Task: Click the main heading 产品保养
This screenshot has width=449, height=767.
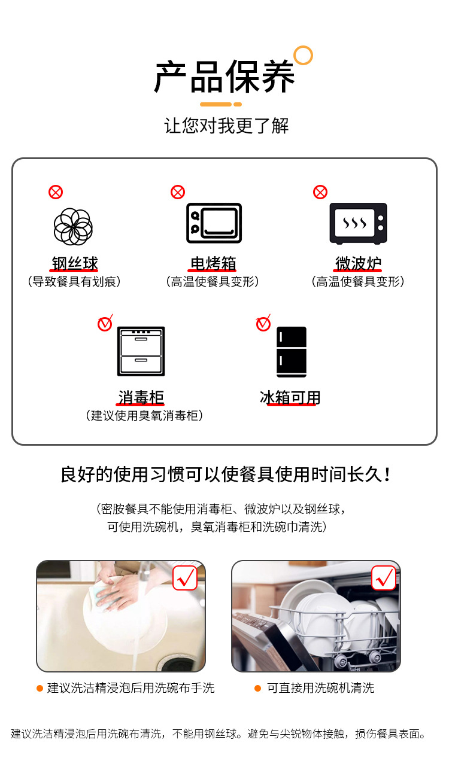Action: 224,78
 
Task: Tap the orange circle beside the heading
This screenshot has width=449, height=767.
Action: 304,55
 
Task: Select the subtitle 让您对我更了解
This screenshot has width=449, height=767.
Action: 226,126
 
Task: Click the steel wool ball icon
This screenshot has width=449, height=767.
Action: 73,227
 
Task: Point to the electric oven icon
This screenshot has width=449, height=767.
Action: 214,223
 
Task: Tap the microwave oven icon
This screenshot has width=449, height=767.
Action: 358,223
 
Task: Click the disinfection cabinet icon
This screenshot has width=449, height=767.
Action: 141,351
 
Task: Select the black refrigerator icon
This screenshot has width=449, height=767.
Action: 292,352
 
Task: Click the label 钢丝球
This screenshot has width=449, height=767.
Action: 74,263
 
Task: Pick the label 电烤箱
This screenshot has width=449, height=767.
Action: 213,263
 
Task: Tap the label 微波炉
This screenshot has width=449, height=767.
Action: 358,263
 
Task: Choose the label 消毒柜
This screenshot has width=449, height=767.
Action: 141,397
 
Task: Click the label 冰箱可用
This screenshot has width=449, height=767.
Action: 290,397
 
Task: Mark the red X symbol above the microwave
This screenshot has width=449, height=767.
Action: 320,192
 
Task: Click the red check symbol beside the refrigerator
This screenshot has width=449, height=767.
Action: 263,323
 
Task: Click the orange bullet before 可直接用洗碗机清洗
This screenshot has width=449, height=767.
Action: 257,689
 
